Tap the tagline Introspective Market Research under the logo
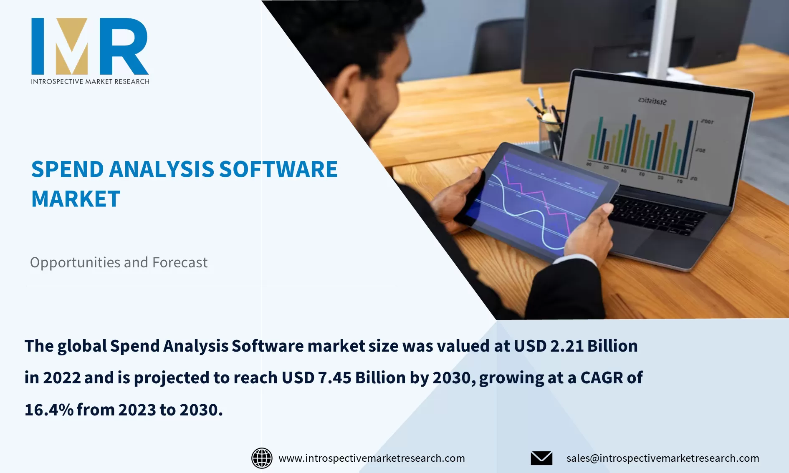(90, 81)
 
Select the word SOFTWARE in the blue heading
(278, 169)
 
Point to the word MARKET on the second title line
(76, 199)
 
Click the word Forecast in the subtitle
(180, 262)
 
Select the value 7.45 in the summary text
(335, 377)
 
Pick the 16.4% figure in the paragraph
(49, 410)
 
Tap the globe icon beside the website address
(262, 458)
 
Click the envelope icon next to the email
(541, 458)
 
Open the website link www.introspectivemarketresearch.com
(372, 458)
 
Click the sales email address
(663, 458)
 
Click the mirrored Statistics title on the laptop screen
(652, 101)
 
